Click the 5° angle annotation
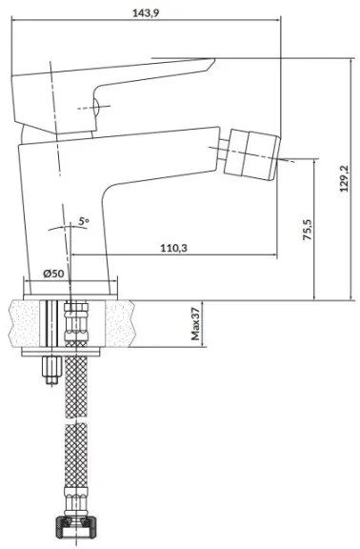[x=84, y=222]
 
